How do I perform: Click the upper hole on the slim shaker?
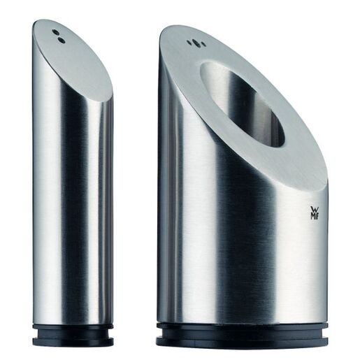pyautogui.click(x=57, y=32)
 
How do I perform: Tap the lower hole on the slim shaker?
pyautogui.click(x=62, y=41)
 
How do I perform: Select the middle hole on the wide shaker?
pyautogui.click(x=194, y=43)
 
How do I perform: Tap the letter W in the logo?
pyautogui.click(x=312, y=209)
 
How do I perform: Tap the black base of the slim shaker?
pyautogui.click(x=73, y=334)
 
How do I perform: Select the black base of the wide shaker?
pyautogui.click(x=241, y=334)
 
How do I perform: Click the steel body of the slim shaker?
pyautogui.click(x=70, y=210)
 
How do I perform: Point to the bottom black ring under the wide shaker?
pyautogui.click(x=241, y=341)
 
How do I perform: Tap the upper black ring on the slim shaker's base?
pyautogui.click(x=73, y=327)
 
